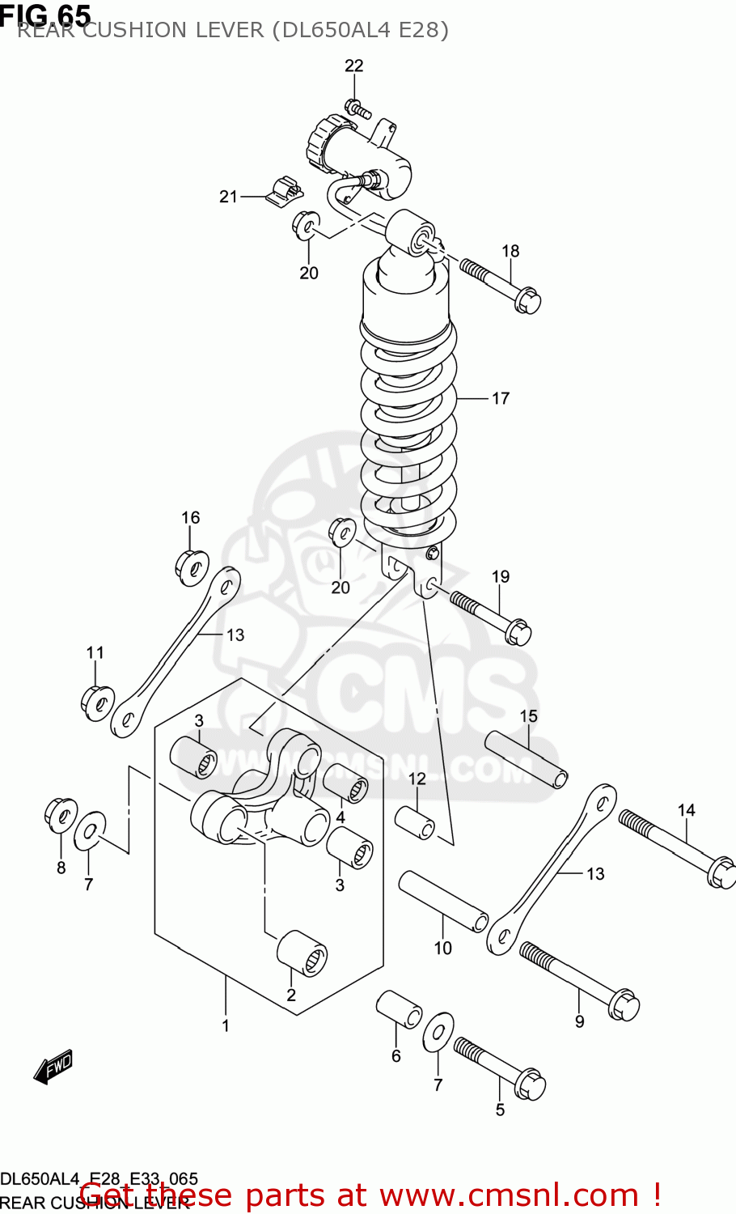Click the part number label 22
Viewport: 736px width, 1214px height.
354,66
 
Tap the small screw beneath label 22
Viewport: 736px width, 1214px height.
357,108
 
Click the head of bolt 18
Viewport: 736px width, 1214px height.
527,301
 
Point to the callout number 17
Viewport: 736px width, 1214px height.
501,398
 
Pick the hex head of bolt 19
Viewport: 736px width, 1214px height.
518,631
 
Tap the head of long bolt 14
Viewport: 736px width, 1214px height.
721,874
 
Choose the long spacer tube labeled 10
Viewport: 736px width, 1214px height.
443,902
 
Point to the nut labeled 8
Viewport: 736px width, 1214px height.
61,814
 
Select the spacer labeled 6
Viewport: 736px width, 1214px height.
399,1009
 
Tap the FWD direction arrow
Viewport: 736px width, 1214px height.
53,1068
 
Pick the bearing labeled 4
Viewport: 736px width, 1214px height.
346,783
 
